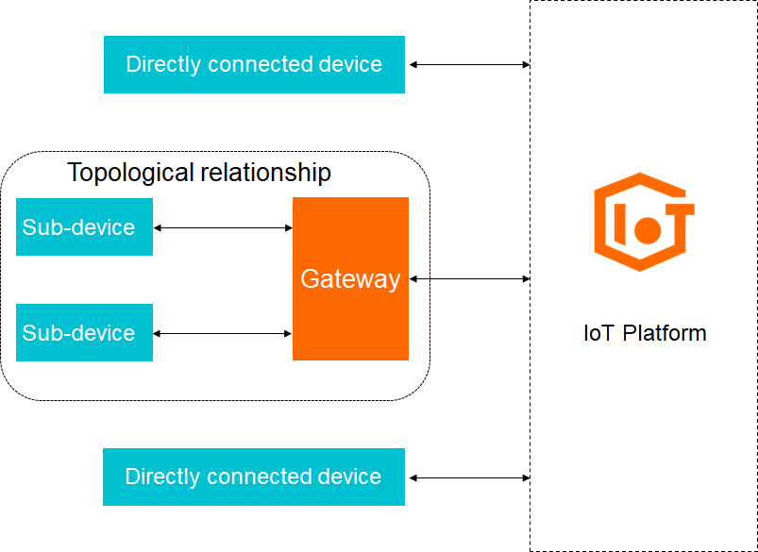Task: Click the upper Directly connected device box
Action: point(254,64)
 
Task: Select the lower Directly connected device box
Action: point(254,477)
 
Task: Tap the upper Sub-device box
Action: point(84,227)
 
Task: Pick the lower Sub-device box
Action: point(84,332)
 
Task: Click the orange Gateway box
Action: point(350,311)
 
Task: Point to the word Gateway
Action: point(350,279)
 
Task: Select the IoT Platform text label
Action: point(645,333)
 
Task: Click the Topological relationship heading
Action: point(199,173)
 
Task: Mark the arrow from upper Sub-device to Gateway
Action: point(223,227)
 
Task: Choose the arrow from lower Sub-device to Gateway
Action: point(223,333)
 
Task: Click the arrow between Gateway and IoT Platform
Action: point(470,278)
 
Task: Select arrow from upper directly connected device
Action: point(469,64)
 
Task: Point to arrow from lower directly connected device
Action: point(469,477)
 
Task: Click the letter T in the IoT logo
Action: point(677,221)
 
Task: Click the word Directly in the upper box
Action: point(163,64)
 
